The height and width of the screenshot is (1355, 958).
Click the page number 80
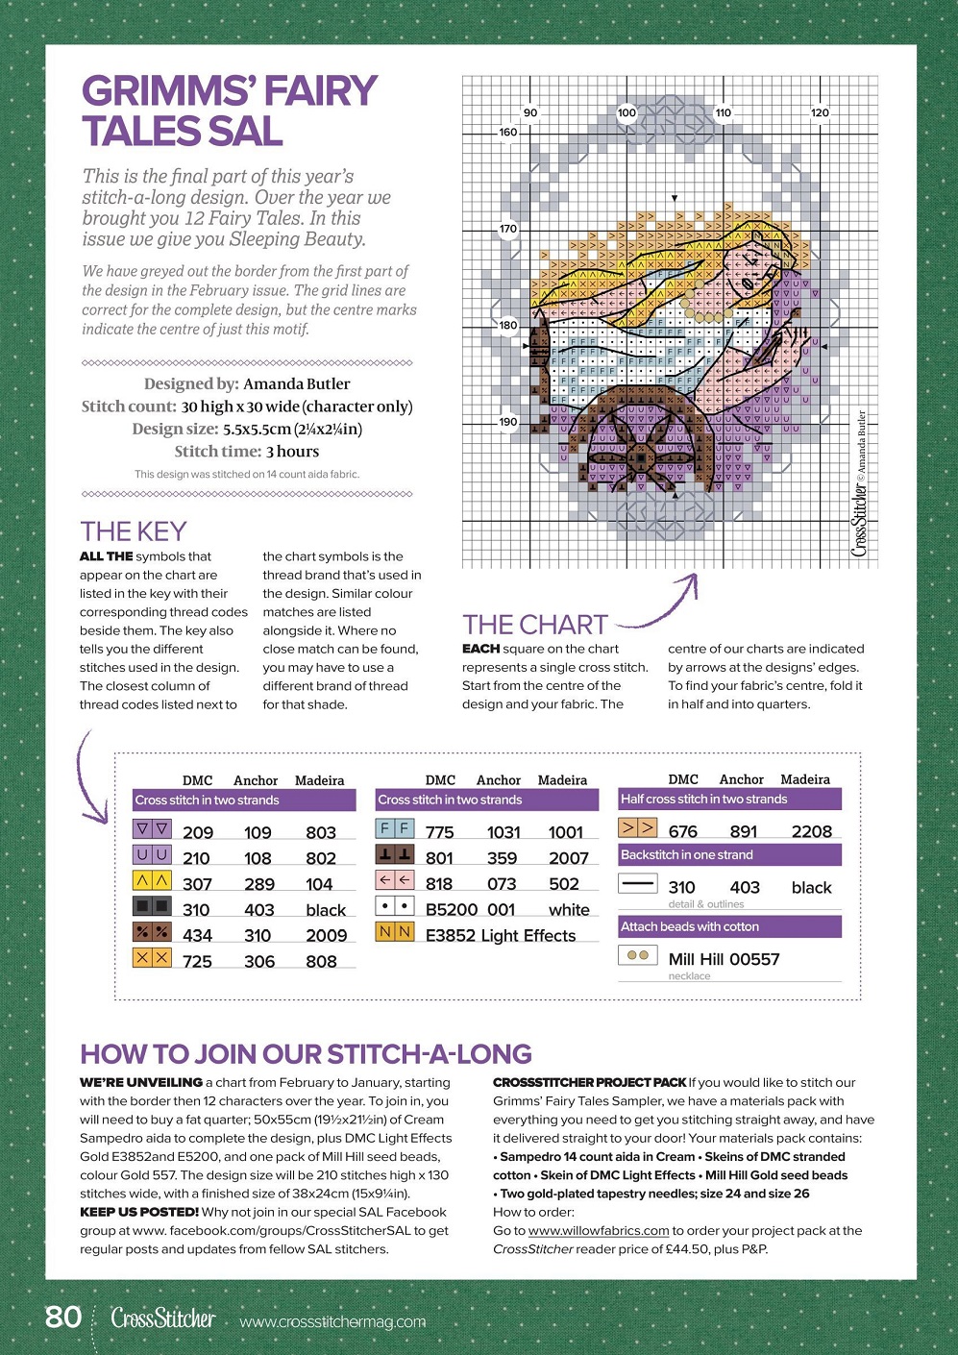point(63,1316)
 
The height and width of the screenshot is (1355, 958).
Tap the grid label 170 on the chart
point(507,229)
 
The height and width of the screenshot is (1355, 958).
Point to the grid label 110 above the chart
point(723,112)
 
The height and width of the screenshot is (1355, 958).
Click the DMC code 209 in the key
point(198,832)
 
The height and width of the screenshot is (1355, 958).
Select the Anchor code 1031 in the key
point(504,832)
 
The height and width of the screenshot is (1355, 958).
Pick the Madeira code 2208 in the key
point(812,831)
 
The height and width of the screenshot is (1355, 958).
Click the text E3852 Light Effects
point(501,935)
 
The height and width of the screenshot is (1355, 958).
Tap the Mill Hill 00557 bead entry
point(724,959)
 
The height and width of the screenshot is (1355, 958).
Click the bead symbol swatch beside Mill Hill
point(637,956)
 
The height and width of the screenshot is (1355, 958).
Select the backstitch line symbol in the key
point(638,883)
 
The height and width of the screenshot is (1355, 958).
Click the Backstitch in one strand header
point(687,854)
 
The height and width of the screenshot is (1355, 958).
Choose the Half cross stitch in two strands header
point(703,799)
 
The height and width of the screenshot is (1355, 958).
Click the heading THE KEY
point(134,531)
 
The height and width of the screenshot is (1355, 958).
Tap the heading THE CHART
point(535,625)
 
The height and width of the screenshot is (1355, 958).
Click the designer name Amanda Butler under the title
point(297,383)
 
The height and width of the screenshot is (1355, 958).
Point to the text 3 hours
point(292,452)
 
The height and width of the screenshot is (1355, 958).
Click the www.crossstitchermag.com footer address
point(332,1321)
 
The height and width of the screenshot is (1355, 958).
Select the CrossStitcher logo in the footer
point(163,1318)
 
